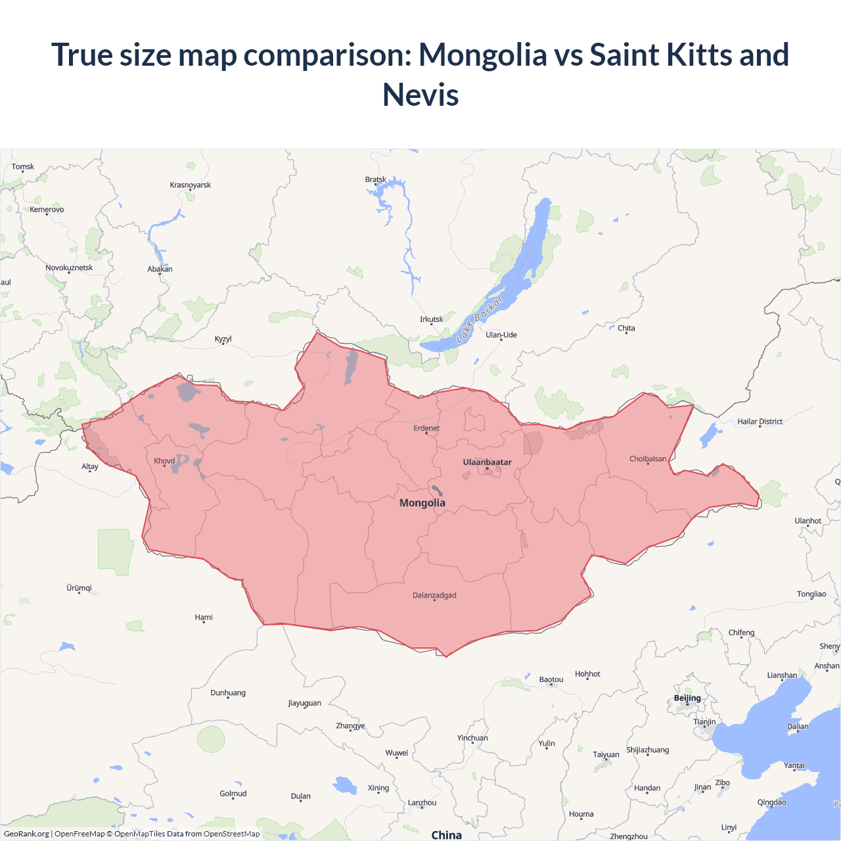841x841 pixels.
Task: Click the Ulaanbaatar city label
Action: pos(487,462)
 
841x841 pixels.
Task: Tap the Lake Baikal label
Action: pos(480,319)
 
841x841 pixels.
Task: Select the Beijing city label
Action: pos(687,698)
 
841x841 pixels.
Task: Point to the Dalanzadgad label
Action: pos(434,595)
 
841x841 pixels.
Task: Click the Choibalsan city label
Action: pos(648,459)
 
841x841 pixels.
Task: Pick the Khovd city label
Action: pos(164,461)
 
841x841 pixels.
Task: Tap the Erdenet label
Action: pos(426,428)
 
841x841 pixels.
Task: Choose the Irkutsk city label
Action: pos(432,319)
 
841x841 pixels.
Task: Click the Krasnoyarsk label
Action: pos(191,185)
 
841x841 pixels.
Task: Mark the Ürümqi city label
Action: pos(79,587)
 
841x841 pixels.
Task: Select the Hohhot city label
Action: pos(587,673)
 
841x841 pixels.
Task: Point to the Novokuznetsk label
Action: pos(69,267)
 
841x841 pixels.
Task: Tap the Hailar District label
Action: pos(760,421)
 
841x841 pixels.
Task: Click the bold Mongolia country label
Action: pos(422,503)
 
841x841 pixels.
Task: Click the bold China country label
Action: pos(447,834)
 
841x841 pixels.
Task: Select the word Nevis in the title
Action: pos(420,95)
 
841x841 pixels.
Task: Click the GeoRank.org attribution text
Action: pos(26,834)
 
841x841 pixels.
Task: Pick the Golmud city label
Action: pos(233,793)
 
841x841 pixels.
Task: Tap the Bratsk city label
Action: pos(376,179)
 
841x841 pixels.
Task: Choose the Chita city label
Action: pos(626,328)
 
